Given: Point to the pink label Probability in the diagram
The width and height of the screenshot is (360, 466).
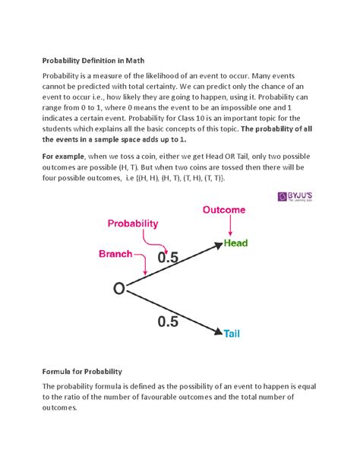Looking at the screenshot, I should (x=133, y=223).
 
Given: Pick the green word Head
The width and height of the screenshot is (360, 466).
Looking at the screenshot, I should (x=236, y=244).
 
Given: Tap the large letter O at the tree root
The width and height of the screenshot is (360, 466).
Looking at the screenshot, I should (x=119, y=290).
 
